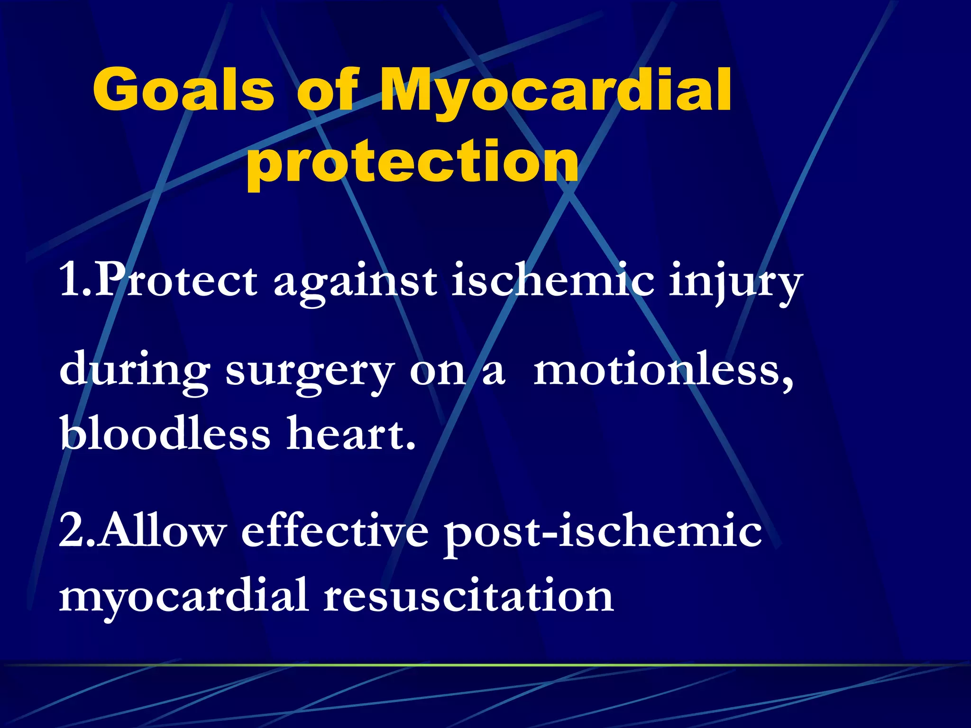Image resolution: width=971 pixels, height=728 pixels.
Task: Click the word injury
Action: (735, 283)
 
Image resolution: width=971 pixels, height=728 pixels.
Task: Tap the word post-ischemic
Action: (603, 532)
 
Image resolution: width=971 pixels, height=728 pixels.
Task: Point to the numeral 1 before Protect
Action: (70, 281)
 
